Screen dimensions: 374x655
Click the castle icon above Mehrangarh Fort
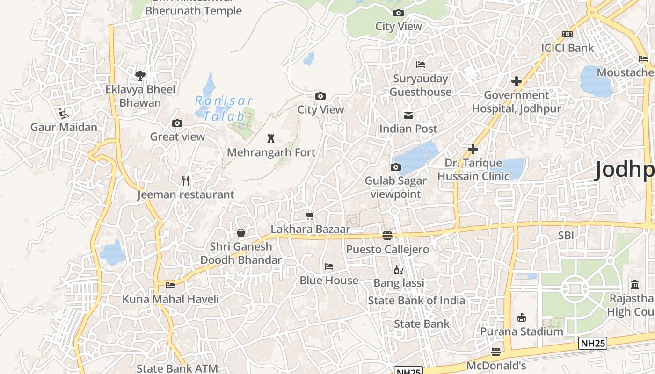pyautogui.click(x=270, y=138)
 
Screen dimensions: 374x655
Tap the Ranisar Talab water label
pyautogui.click(x=223, y=108)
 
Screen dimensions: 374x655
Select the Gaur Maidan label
pyautogui.click(x=64, y=127)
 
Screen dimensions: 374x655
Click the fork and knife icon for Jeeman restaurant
pyautogui.click(x=186, y=181)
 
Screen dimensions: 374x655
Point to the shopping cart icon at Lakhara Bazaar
pyautogui.click(x=310, y=216)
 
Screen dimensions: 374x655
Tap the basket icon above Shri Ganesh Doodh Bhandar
pyautogui.click(x=241, y=232)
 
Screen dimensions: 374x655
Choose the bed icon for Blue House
pyautogui.click(x=329, y=266)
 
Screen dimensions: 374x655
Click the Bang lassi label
pyautogui.click(x=399, y=283)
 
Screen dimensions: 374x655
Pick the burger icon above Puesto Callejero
pyautogui.click(x=387, y=235)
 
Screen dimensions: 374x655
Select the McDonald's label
pyautogui.click(x=496, y=366)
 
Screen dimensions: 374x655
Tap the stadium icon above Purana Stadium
pyautogui.click(x=522, y=318)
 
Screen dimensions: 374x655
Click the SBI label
pyautogui.click(x=566, y=236)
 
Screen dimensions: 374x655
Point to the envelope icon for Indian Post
pyautogui.click(x=408, y=115)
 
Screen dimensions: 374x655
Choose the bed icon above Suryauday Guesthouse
pyautogui.click(x=421, y=65)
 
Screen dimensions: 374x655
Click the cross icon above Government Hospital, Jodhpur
pyautogui.click(x=517, y=81)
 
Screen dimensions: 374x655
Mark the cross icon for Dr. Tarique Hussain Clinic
pyautogui.click(x=473, y=149)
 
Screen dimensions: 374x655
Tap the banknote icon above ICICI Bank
pyautogui.click(x=568, y=34)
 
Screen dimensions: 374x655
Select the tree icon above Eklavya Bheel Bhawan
pyautogui.click(x=140, y=75)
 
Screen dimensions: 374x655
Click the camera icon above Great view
pyautogui.click(x=177, y=123)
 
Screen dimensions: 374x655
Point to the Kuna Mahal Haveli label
pyautogui.click(x=170, y=299)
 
